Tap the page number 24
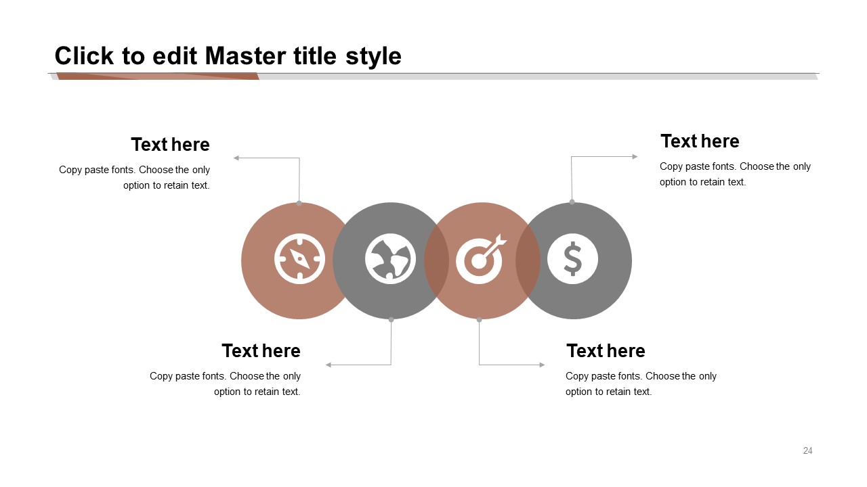(x=808, y=450)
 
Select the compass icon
(x=299, y=259)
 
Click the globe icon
(x=390, y=259)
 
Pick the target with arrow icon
(x=481, y=259)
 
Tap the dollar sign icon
(x=572, y=259)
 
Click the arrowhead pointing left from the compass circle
(x=236, y=158)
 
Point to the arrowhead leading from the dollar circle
(x=635, y=156)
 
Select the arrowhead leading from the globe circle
(x=329, y=365)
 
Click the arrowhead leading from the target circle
(x=542, y=365)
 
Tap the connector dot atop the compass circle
(x=299, y=204)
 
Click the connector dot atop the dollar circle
(x=572, y=202)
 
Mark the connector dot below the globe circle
(x=391, y=320)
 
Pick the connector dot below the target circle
(x=479, y=320)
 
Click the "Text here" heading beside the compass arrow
(x=170, y=145)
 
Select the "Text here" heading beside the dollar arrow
(x=700, y=141)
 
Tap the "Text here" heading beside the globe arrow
(x=261, y=351)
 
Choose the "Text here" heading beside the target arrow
(x=606, y=351)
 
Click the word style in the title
(x=373, y=57)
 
